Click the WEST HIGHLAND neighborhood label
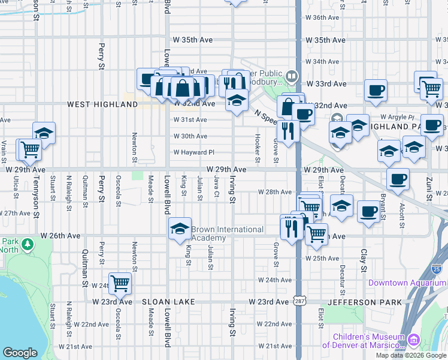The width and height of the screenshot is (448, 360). pyautogui.click(x=102, y=104)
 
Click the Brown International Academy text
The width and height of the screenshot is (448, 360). pyautogui.click(x=228, y=233)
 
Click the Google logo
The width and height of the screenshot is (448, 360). pyautogui.click(x=20, y=353)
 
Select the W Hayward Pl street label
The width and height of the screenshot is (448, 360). pyautogui.click(x=193, y=152)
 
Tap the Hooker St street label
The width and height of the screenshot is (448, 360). pyautogui.click(x=258, y=148)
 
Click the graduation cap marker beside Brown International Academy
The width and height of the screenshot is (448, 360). pyautogui.click(x=180, y=229)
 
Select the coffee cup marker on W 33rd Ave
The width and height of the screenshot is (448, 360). pyautogui.click(x=376, y=90)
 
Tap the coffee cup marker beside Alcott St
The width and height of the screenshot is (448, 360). pyautogui.click(x=397, y=178)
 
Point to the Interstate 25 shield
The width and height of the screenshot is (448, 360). pyautogui.click(x=438, y=269)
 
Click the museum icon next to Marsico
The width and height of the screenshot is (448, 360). pyautogui.click(x=413, y=341)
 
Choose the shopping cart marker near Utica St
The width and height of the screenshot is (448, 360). pyautogui.click(x=30, y=149)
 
